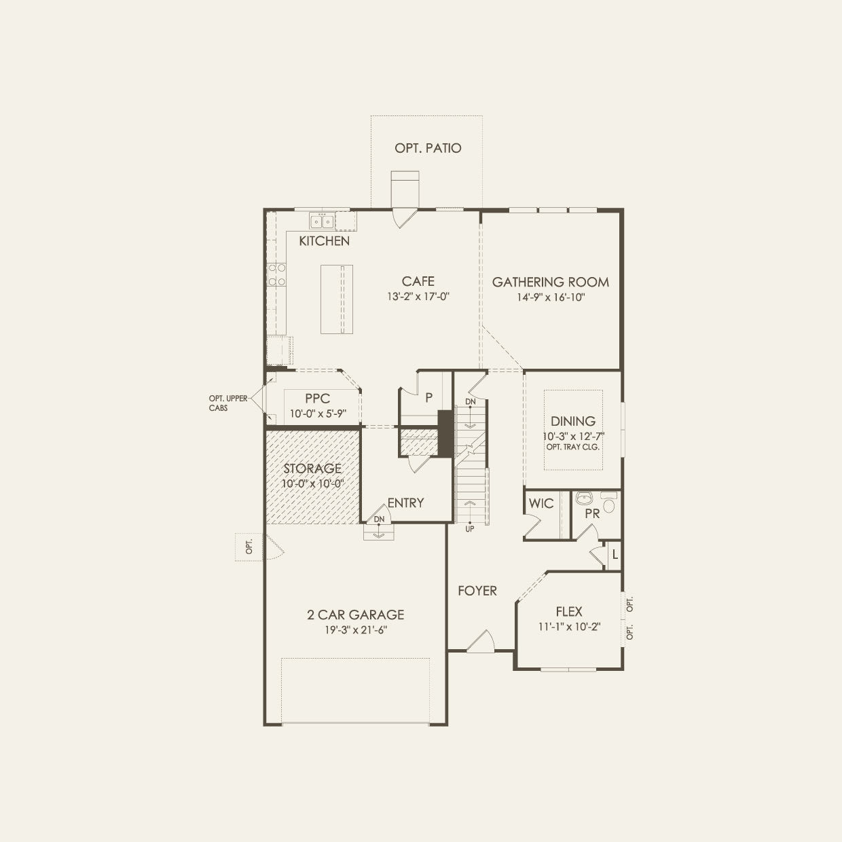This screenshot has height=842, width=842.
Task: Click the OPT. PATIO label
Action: (428, 148)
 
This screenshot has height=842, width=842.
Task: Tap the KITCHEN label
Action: (325, 241)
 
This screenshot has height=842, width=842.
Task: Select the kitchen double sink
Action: (321, 221)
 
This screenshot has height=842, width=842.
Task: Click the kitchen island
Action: (337, 299)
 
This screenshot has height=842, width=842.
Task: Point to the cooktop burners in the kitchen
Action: (276, 274)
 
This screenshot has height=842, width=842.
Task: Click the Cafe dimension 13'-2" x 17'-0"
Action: (418, 296)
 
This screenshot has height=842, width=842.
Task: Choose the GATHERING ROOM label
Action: (550, 282)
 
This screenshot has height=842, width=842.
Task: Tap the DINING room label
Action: (572, 422)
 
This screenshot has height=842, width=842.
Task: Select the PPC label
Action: (317, 399)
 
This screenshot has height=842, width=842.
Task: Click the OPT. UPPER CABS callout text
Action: (227, 403)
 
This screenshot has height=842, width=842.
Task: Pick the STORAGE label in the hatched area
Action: (312, 469)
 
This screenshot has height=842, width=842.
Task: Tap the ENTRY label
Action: (405, 503)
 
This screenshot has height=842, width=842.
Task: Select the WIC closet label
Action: (541, 504)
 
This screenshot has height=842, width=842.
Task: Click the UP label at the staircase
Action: (469, 529)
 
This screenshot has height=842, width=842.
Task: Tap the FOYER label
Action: (477, 591)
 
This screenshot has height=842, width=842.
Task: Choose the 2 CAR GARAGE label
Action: (355, 615)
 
